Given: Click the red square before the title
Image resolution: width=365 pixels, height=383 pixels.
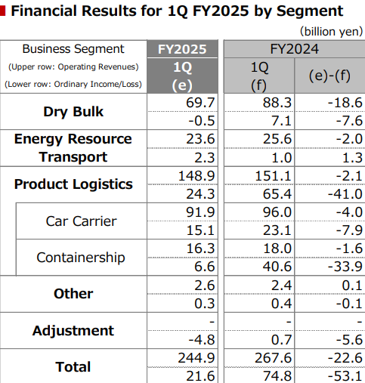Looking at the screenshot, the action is point(2,11).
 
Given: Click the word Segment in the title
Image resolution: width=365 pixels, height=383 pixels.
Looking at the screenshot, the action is point(310,11).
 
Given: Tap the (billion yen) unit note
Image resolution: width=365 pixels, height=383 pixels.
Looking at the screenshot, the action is point(331,32).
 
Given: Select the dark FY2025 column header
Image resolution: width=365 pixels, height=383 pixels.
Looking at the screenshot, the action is point(182,49).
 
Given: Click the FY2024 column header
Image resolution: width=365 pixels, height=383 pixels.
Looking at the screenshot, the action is point(294,49).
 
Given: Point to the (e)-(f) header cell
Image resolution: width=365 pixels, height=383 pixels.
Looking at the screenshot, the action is point(329,76).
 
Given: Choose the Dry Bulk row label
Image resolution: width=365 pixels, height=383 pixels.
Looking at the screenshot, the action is point(73,112).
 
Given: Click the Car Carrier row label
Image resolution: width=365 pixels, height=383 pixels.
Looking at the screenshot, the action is point(81,221).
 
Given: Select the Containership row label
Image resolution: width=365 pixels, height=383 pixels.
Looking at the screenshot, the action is point(81,258).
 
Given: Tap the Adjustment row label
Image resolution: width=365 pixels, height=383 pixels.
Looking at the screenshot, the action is point(73,331).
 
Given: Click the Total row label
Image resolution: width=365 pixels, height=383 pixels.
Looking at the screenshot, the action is point(73,366).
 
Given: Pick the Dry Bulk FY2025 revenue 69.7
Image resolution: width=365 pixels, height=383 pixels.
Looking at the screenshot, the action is point(200,103).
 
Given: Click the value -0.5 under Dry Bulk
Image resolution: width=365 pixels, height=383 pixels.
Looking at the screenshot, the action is point(202,121).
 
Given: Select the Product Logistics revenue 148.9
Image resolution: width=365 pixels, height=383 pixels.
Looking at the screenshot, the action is point(196,176).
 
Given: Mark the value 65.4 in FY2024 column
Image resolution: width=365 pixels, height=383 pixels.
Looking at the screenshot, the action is point(277,194).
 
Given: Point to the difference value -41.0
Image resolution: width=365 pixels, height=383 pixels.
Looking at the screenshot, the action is point(345,194).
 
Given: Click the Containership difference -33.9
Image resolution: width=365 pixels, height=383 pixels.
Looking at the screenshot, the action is point(345,267).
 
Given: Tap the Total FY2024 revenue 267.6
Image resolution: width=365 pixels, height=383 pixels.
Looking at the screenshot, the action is point(273,358).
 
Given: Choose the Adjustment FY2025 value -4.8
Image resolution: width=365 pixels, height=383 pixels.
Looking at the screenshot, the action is point(202,340).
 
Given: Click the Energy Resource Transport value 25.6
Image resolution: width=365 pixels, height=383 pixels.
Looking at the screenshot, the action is point(277,139).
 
